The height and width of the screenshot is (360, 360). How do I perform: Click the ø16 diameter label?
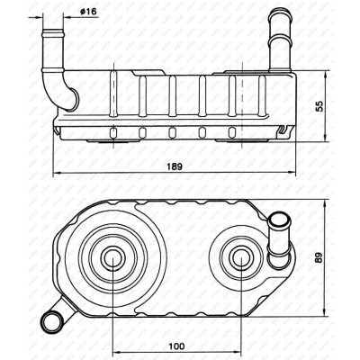pyautogui.click(x=88, y=12)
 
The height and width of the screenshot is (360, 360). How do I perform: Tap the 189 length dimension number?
pyautogui.click(x=175, y=166)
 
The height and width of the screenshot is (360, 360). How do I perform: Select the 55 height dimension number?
pyautogui.click(x=319, y=106)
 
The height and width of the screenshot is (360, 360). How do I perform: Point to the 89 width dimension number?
pyautogui.click(x=319, y=256)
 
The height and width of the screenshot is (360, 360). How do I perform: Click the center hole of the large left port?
pyautogui.click(x=113, y=257)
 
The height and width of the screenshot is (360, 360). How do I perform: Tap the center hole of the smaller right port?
pyautogui.click(x=240, y=257)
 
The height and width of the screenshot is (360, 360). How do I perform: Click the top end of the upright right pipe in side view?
pyautogui.click(x=281, y=12)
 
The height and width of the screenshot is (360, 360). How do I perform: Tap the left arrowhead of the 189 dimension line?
pyautogui.click(x=57, y=173)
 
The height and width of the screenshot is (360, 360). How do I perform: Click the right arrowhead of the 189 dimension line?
pyautogui.click(x=292, y=173)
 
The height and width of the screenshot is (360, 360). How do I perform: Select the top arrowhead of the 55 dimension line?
pyautogui.click(x=325, y=75)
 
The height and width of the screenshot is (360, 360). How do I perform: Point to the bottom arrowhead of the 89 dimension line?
pyautogui.click(x=325, y=312)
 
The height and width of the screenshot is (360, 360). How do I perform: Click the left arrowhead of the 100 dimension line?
pyautogui.click(x=116, y=352)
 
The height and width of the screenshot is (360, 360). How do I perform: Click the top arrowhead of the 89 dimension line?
pyautogui.click(x=325, y=203)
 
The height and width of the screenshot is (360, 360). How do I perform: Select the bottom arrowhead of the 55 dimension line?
pyautogui.click(x=325, y=137)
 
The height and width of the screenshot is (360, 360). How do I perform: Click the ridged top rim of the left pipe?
pyautogui.click(x=53, y=32)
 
